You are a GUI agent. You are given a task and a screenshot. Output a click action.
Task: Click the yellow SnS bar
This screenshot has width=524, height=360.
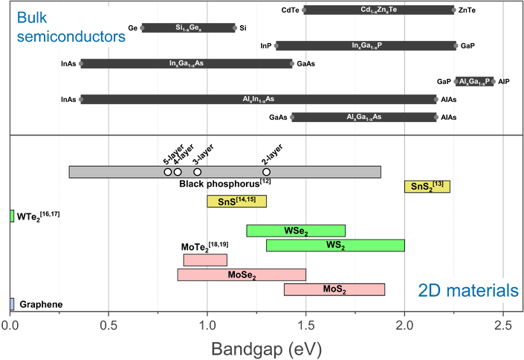(x=236, y=202)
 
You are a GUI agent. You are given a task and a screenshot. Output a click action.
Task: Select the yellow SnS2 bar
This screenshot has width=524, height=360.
(x=427, y=187)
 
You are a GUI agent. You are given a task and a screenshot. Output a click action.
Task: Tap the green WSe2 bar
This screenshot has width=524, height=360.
(x=297, y=231)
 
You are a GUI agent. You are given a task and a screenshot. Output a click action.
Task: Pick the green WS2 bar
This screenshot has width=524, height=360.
(x=335, y=245)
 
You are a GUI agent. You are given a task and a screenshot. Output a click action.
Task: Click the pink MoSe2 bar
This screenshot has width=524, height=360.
(x=242, y=275)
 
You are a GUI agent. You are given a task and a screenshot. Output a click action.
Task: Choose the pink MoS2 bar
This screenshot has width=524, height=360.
(x=334, y=289)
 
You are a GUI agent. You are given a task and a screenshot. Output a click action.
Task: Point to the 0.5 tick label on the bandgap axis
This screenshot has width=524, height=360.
(x=109, y=325)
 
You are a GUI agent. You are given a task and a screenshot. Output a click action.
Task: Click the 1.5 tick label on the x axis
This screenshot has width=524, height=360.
(x=305, y=325)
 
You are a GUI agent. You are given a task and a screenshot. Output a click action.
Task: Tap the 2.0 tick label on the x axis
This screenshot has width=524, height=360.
(x=404, y=325)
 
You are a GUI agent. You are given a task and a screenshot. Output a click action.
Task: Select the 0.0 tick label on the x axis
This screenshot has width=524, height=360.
(x=10, y=325)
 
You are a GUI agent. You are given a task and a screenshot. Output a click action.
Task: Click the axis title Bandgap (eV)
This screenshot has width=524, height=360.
(x=257, y=347)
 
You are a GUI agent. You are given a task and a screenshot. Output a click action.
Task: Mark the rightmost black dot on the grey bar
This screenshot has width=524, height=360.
(x=266, y=172)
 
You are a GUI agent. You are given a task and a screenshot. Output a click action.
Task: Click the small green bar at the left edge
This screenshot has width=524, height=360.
(x=12, y=216)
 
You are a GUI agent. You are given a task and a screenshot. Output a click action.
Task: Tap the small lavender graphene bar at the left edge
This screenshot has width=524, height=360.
(x=11, y=303)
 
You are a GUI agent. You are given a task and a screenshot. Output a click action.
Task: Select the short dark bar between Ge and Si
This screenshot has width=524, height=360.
(x=187, y=28)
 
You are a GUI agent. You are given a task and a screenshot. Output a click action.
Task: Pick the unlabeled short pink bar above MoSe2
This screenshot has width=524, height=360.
(x=205, y=260)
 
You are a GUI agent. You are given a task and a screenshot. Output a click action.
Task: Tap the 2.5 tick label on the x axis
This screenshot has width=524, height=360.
(x=503, y=325)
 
